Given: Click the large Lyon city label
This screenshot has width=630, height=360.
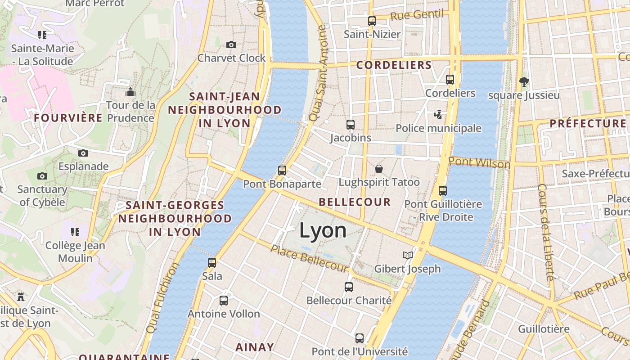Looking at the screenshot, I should [x=323, y=230].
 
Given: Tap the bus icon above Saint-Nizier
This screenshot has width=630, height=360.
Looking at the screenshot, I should [x=372, y=21].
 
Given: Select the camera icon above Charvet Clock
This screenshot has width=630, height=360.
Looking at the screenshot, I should [x=231, y=45].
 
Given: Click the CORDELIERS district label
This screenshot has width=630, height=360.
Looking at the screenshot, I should [x=394, y=65].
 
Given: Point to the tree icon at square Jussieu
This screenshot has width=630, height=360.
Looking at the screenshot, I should [x=524, y=82].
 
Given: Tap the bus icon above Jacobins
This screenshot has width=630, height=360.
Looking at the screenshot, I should [x=351, y=125].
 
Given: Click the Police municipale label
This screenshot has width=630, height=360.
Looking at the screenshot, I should [x=438, y=128].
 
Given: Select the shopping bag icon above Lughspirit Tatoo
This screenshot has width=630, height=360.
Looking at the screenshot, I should [x=379, y=169].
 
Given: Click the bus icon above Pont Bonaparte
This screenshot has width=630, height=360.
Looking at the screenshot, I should [x=282, y=171].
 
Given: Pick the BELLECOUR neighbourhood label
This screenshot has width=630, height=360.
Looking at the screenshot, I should [x=355, y=202].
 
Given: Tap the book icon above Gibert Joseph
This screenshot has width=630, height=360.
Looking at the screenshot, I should [x=408, y=256].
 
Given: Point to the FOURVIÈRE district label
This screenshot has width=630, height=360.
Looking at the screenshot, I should [x=68, y=118].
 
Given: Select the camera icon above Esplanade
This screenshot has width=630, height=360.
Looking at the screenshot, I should [x=83, y=153].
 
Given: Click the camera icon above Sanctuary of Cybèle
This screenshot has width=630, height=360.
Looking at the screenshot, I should [x=42, y=176].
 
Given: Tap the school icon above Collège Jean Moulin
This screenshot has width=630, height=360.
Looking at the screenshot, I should [x=75, y=232].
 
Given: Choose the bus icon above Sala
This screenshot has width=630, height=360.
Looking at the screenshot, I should [x=212, y=262].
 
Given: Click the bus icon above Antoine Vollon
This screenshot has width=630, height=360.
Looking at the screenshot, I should [x=224, y=300].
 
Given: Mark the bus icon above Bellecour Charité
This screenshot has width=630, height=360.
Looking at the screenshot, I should [x=349, y=287].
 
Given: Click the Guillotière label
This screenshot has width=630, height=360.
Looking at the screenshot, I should [x=544, y=329].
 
